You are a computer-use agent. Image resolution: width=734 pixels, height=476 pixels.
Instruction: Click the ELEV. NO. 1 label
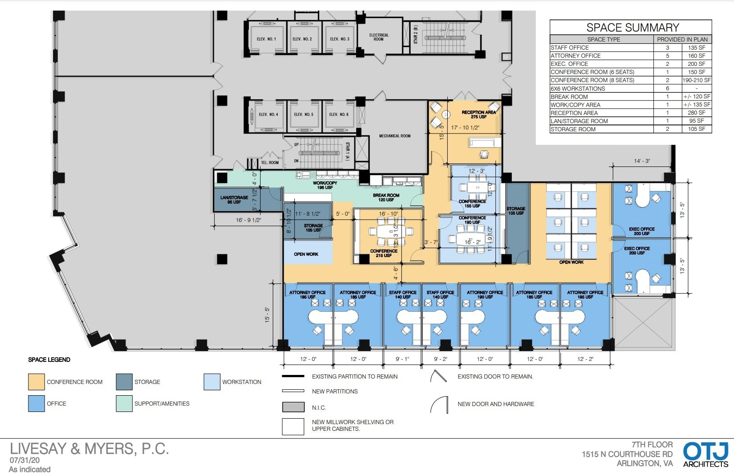pyautogui.click(x=266, y=39)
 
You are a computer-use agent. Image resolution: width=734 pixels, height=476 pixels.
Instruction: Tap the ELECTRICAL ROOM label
pyautogui.click(x=379, y=37)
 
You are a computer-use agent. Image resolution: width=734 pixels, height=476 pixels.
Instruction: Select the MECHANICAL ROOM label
pyautogui.click(x=395, y=136)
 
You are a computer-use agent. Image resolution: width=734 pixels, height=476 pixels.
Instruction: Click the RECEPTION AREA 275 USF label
pyautogui.click(x=478, y=115)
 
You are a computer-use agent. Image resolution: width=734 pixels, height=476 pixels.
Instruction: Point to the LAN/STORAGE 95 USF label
pyautogui.click(x=234, y=199)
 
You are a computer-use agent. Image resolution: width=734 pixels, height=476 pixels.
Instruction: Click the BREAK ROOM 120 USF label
pyautogui.click(x=386, y=198)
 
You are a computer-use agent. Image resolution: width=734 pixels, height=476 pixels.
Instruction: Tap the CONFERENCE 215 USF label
pyautogui.click(x=384, y=253)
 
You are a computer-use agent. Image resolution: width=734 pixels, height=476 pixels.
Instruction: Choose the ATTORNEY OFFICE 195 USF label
pyautogui.click(x=585, y=295)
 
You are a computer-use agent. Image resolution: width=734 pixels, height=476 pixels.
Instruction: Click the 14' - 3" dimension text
pyautogui.click(x=642, y=161)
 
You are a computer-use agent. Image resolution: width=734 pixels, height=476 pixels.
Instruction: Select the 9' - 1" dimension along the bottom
pyautogui.click(x=402, y=359)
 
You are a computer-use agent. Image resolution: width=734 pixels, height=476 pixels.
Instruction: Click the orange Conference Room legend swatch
pyautogui.click(x=37, y=382)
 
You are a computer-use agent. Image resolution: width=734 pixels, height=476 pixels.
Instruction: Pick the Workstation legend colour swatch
pyautogui.click(x=212, y=382)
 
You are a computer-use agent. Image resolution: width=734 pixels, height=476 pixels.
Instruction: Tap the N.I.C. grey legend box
pyautogui.click(x=293, y=407)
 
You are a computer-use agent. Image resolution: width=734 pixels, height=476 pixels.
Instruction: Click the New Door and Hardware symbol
pyautogui.click(x=439, y=405)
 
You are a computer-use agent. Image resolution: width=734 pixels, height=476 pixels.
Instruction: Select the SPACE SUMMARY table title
pyautogui.click(x=632, y=28)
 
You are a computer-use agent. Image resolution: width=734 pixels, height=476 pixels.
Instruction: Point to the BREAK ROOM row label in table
pyautogui.click(x=569, y=97)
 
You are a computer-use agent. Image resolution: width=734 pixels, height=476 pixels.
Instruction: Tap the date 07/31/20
pyautogui.click(x=24, y=460)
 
